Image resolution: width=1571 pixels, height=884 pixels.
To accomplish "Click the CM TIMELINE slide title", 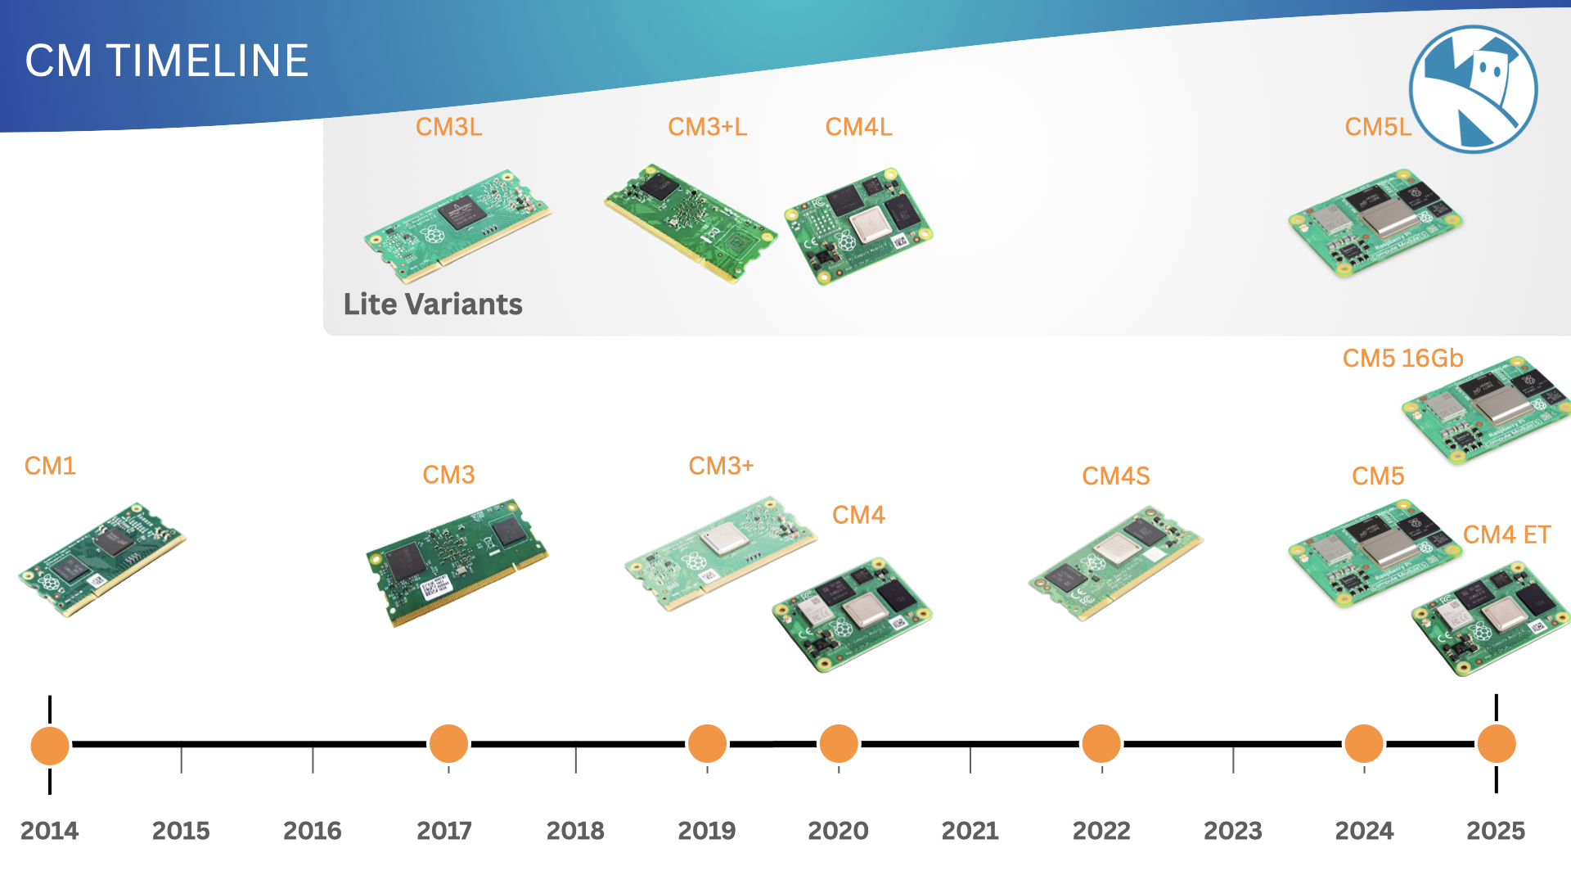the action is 167,61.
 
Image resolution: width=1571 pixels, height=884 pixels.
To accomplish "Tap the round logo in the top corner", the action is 1473,89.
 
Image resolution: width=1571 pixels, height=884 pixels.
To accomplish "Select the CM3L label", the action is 448,127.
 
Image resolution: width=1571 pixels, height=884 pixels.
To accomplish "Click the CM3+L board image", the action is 691,223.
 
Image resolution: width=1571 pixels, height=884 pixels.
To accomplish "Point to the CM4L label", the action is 858,127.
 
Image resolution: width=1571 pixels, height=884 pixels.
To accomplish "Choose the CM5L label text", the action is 1378,127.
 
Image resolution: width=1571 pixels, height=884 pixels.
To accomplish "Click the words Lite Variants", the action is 433,304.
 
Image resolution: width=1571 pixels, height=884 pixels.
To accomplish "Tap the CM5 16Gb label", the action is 1402,359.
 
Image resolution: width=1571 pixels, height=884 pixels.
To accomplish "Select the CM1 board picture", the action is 102,560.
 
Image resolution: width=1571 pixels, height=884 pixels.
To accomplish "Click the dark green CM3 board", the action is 457,562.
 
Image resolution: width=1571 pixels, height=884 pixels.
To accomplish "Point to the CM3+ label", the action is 721,466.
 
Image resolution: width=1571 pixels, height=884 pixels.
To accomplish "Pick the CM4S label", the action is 1116,476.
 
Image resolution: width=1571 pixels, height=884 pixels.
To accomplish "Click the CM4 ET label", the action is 1506,535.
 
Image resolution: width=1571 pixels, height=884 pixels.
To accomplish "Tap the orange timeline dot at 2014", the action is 50,745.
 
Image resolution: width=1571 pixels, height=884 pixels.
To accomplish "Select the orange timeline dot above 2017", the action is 448,744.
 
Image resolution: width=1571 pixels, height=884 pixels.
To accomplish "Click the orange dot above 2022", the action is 1101,744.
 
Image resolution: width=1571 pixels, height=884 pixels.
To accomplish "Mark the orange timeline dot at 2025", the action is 1497,744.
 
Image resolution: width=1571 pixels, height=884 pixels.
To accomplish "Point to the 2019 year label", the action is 707,831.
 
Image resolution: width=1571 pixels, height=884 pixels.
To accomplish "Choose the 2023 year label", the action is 1233,831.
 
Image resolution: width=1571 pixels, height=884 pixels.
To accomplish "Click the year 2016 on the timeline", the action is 313,831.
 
